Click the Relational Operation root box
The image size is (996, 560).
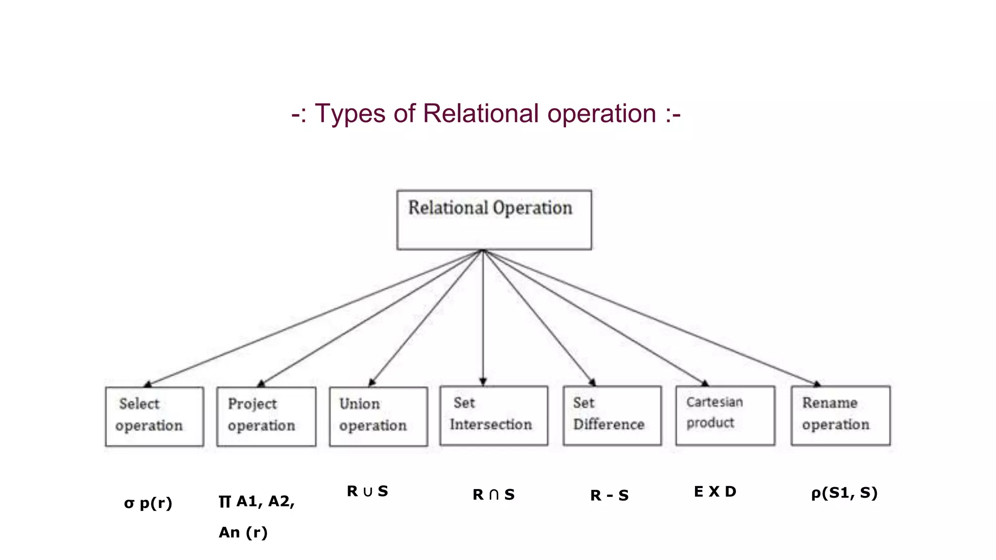point(494,220)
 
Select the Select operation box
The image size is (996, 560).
point(154,416)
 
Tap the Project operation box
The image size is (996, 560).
point(266,416)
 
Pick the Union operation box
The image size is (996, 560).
point(378,416)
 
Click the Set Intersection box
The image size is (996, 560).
point(494,415)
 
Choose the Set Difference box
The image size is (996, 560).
point(612,415)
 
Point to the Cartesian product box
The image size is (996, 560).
point(725,415)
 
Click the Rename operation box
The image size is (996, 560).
point(840,415)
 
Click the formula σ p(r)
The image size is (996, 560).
point(148,503)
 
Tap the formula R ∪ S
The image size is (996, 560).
point(367,491)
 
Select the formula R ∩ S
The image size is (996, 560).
point(493,494)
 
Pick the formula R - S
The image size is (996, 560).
point(609,495)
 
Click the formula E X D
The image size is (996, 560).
point(715,491)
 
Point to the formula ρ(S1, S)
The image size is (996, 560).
point(844,493)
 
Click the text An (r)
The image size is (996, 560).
point(243,532)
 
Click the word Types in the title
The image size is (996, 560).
point(350,114)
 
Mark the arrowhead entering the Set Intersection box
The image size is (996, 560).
point(483,382)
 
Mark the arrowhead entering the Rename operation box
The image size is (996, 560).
point(817,384)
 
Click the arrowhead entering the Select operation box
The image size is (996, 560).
point(148,385)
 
